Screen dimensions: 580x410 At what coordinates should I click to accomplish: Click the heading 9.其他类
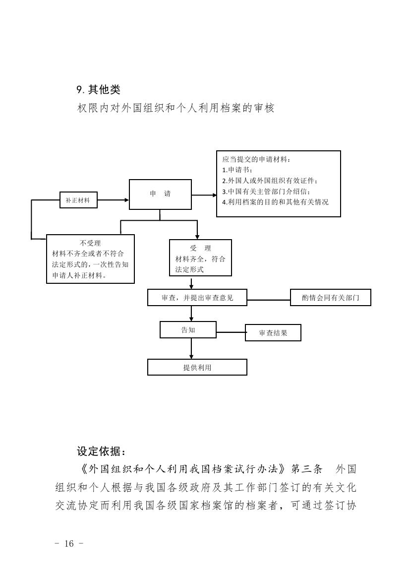pos(98,90)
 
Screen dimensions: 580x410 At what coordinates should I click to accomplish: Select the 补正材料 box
pos(78,200)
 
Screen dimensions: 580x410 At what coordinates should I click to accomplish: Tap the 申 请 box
pos(160,194)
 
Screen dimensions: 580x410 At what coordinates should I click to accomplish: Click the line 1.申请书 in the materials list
pos(237,170)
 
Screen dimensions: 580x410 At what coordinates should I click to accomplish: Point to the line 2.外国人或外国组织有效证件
pos(270,181)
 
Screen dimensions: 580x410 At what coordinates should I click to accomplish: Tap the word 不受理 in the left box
pos(90,243)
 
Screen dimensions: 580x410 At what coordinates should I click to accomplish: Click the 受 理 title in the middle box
pos(200,248)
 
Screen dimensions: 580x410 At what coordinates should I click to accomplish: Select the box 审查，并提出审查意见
pos(197,298)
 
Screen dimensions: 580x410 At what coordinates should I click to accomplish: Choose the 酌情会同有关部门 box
pos(330,298)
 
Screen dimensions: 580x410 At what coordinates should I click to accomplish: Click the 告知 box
pos(188,330)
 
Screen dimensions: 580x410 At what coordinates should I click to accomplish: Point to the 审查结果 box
pos(273,333)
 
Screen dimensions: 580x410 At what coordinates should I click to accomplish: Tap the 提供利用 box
pos(197,367)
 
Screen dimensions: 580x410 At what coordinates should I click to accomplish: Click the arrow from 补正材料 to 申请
pos(113,200)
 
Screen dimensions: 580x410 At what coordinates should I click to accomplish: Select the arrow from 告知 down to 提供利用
pos(191,349)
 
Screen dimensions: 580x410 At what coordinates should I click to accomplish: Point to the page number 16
pos(69,544)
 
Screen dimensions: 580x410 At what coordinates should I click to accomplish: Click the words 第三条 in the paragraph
pos(307,469)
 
